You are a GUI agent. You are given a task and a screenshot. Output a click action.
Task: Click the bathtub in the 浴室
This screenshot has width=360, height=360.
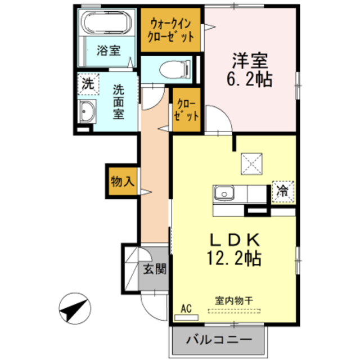pos(106,23)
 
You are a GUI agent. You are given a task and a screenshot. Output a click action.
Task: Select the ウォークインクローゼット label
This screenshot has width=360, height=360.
pos(171,30)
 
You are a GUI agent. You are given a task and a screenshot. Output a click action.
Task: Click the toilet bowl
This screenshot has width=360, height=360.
pos(171,70)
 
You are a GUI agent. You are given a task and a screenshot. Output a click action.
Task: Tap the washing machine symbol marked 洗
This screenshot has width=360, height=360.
pos(87,85)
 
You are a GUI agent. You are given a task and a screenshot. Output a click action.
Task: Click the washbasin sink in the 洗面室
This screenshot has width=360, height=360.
pos(87,114)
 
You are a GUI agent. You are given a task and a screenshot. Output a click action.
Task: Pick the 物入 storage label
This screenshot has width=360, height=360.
pos(121,182)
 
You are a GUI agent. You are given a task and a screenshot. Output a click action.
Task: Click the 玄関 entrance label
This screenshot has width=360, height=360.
pos(154,268)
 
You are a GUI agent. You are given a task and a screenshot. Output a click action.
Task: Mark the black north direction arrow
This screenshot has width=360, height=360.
pos(74,308)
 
